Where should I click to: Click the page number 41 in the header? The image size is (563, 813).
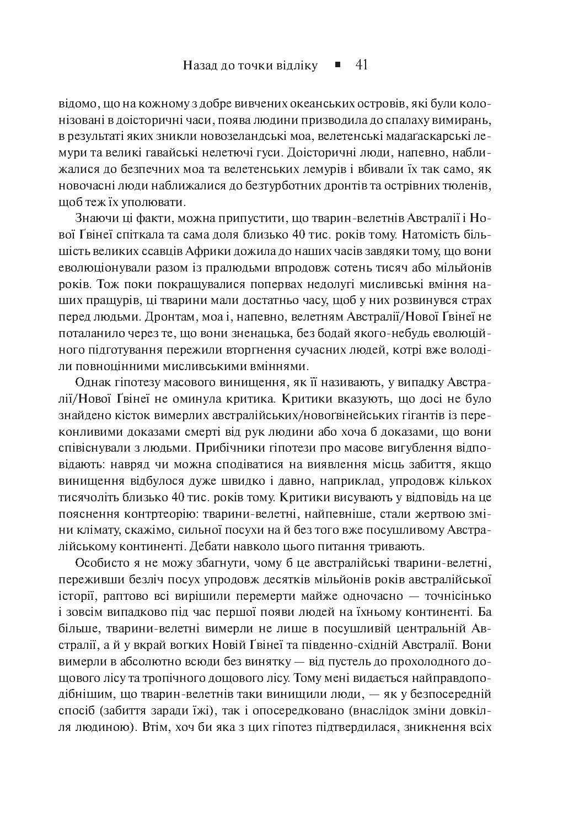tap(362, 66)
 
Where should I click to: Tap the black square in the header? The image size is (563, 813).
tap(337, 65)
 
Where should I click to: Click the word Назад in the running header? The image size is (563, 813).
tap(200, 66)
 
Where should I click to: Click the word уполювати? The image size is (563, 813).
tap(160, 202)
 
